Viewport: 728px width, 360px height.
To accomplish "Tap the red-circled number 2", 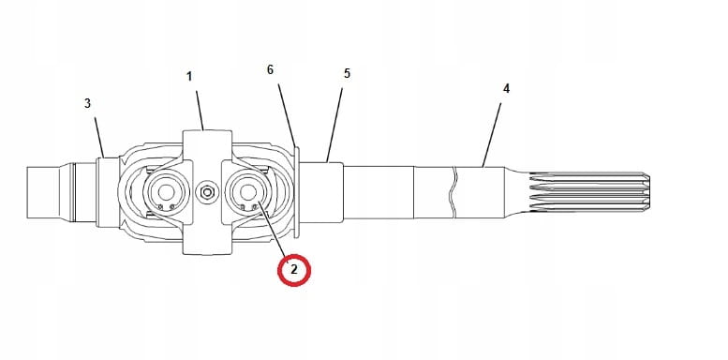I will point(293,269).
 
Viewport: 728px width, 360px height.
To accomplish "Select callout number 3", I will point(88,103).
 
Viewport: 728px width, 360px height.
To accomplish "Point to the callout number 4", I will point(506,88).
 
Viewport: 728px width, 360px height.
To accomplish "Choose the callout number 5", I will point(346,72).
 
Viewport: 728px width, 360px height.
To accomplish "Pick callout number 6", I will point(271,70).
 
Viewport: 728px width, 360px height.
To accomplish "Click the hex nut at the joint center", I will point(208,193).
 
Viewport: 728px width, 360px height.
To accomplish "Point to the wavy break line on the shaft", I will point(453,192).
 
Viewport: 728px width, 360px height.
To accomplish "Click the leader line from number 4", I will point(493,130).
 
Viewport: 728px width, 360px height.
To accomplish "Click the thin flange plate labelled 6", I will point(296,192).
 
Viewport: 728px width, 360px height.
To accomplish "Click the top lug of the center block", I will point(208,145).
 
